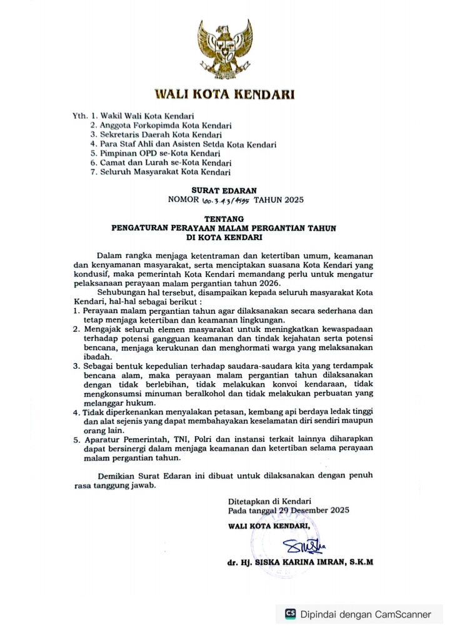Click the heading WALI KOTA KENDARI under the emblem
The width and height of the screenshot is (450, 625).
coord(224,95)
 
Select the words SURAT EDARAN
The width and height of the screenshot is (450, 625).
coord(224,190)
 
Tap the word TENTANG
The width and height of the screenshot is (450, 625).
coord(224,219)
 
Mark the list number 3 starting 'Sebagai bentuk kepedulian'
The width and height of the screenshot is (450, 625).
coord(76,365)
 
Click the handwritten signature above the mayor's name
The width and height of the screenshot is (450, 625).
coord(302,546)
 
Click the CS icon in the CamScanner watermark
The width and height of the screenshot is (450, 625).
coord(290,614)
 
